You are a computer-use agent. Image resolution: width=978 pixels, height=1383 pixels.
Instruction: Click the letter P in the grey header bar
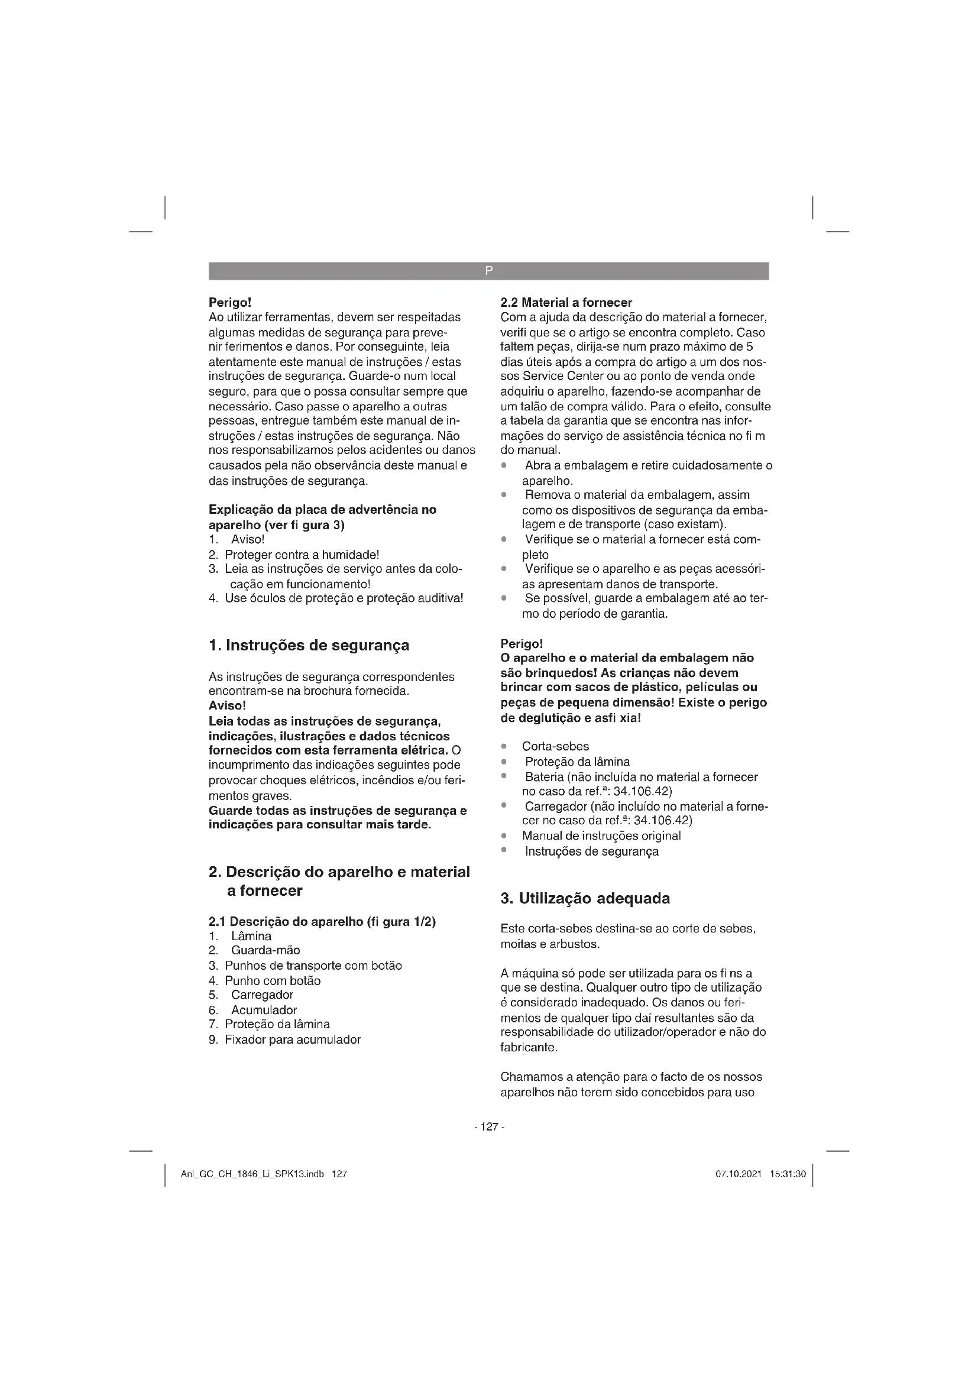488,271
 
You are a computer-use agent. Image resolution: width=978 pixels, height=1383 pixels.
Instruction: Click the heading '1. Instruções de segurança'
308,645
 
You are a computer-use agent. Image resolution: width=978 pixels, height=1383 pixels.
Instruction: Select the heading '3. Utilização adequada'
585,899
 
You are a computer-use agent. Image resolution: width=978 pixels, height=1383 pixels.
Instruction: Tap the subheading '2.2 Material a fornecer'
566,302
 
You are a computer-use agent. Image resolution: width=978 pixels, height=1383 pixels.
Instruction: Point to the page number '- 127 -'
488,1127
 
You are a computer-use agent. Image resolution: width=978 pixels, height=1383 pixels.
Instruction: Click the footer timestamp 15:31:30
788,1174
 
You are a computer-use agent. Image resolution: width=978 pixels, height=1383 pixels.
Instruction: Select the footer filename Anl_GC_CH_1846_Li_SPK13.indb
252,1174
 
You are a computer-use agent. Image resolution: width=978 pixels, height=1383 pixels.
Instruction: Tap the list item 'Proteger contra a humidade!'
302,555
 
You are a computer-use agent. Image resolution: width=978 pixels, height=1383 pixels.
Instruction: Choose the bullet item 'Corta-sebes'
555,746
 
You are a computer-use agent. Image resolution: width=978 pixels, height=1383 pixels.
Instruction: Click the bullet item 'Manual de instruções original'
601,836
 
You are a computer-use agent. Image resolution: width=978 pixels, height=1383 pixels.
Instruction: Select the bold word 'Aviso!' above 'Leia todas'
227,705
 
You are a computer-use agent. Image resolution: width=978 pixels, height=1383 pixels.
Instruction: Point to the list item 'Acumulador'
264,1010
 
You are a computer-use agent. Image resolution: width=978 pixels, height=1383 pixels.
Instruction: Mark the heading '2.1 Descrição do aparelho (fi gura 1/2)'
322,922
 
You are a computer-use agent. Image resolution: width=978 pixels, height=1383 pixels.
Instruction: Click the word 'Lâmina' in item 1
251,936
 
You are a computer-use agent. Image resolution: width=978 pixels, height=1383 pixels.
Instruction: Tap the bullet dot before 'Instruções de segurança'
504,850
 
